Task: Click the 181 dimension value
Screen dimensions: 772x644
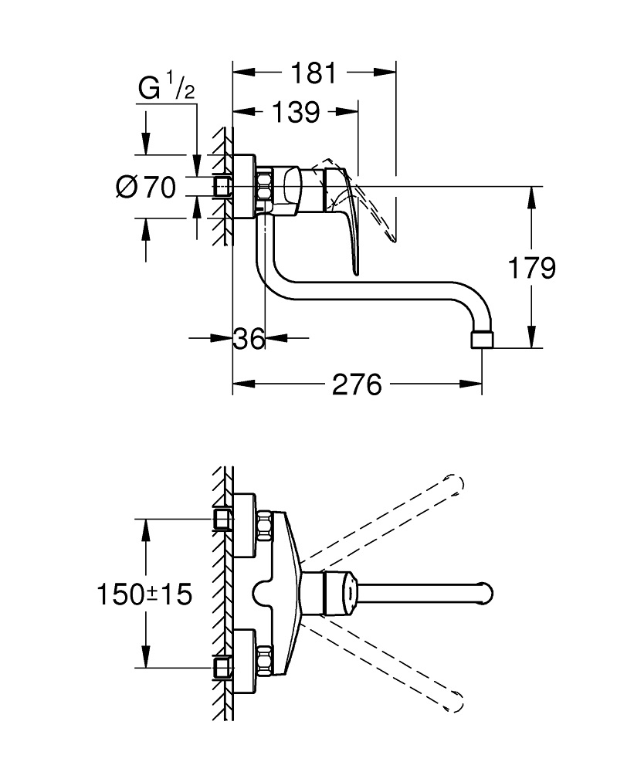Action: (x=314, y=73)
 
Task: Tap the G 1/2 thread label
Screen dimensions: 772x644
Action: (x=166, y=90)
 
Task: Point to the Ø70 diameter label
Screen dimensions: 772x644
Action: (x=146, y=187)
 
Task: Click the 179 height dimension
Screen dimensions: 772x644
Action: (x=531, y=268)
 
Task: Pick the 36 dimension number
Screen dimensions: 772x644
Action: (x=249, y=338)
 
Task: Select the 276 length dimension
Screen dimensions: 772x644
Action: (x=357, y=384)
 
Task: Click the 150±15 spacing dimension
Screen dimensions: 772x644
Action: (x=144, y=594)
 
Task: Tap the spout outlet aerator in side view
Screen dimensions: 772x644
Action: (x=481, y=340)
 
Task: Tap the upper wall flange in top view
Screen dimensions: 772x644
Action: (x=245, y=525)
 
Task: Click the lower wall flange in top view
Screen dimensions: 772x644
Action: (x=245, y=662)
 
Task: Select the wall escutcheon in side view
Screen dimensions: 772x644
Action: (x=244, y=187)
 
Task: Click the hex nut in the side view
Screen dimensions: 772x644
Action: (x=264, y=188)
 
